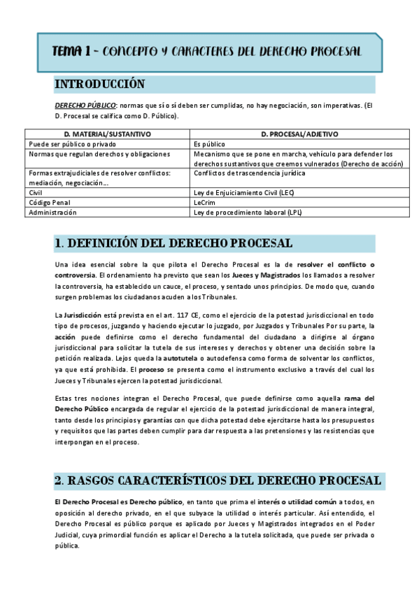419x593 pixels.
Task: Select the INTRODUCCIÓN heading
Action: click(x=99, y=85)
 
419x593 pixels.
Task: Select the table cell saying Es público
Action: click(x=210, y=143)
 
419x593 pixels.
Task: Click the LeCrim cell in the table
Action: click(x=205, y=202)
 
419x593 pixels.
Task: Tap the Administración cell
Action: click(x=52, y=212)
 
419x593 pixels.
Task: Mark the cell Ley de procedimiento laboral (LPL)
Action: click(x=248, y=212)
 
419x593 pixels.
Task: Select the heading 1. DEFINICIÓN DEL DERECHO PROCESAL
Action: click(x=173, y=243)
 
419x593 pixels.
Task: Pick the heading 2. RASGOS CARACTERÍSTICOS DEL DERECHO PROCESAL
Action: click(x=218, y=480)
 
